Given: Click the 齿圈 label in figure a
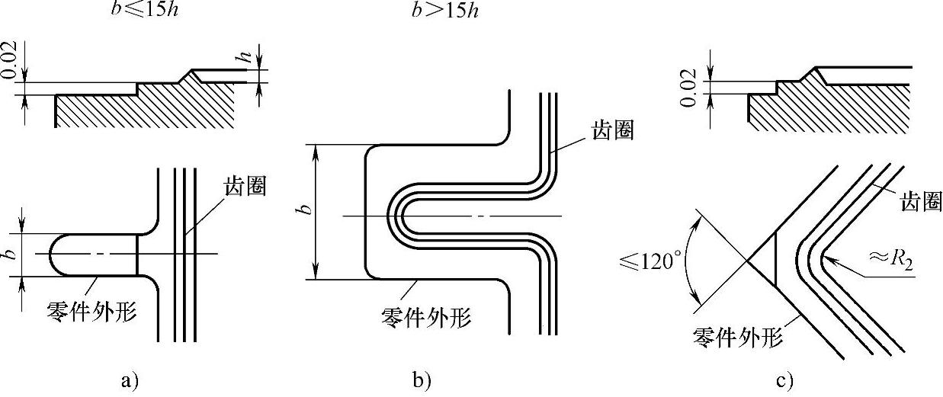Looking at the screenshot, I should (x=246, y=186).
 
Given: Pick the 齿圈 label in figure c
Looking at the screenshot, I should (x=922, y=202).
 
